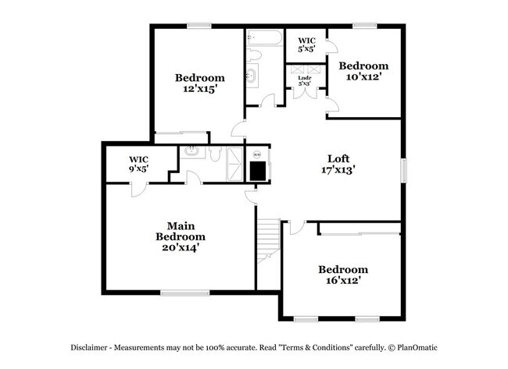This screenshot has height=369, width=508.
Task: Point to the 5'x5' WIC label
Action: click(x=306, y=44)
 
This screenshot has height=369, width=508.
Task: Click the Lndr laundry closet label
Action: click(x=305, y=80)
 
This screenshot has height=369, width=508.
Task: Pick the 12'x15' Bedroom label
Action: click(x=199, y=83)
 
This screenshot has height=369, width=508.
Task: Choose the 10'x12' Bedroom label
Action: click(x=363, y=72)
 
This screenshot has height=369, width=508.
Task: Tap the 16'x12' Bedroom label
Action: click(x=342, y=275)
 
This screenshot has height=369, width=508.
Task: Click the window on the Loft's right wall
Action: click(x=404, y=170)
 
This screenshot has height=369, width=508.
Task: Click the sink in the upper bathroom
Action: click(x=252, y=76)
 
